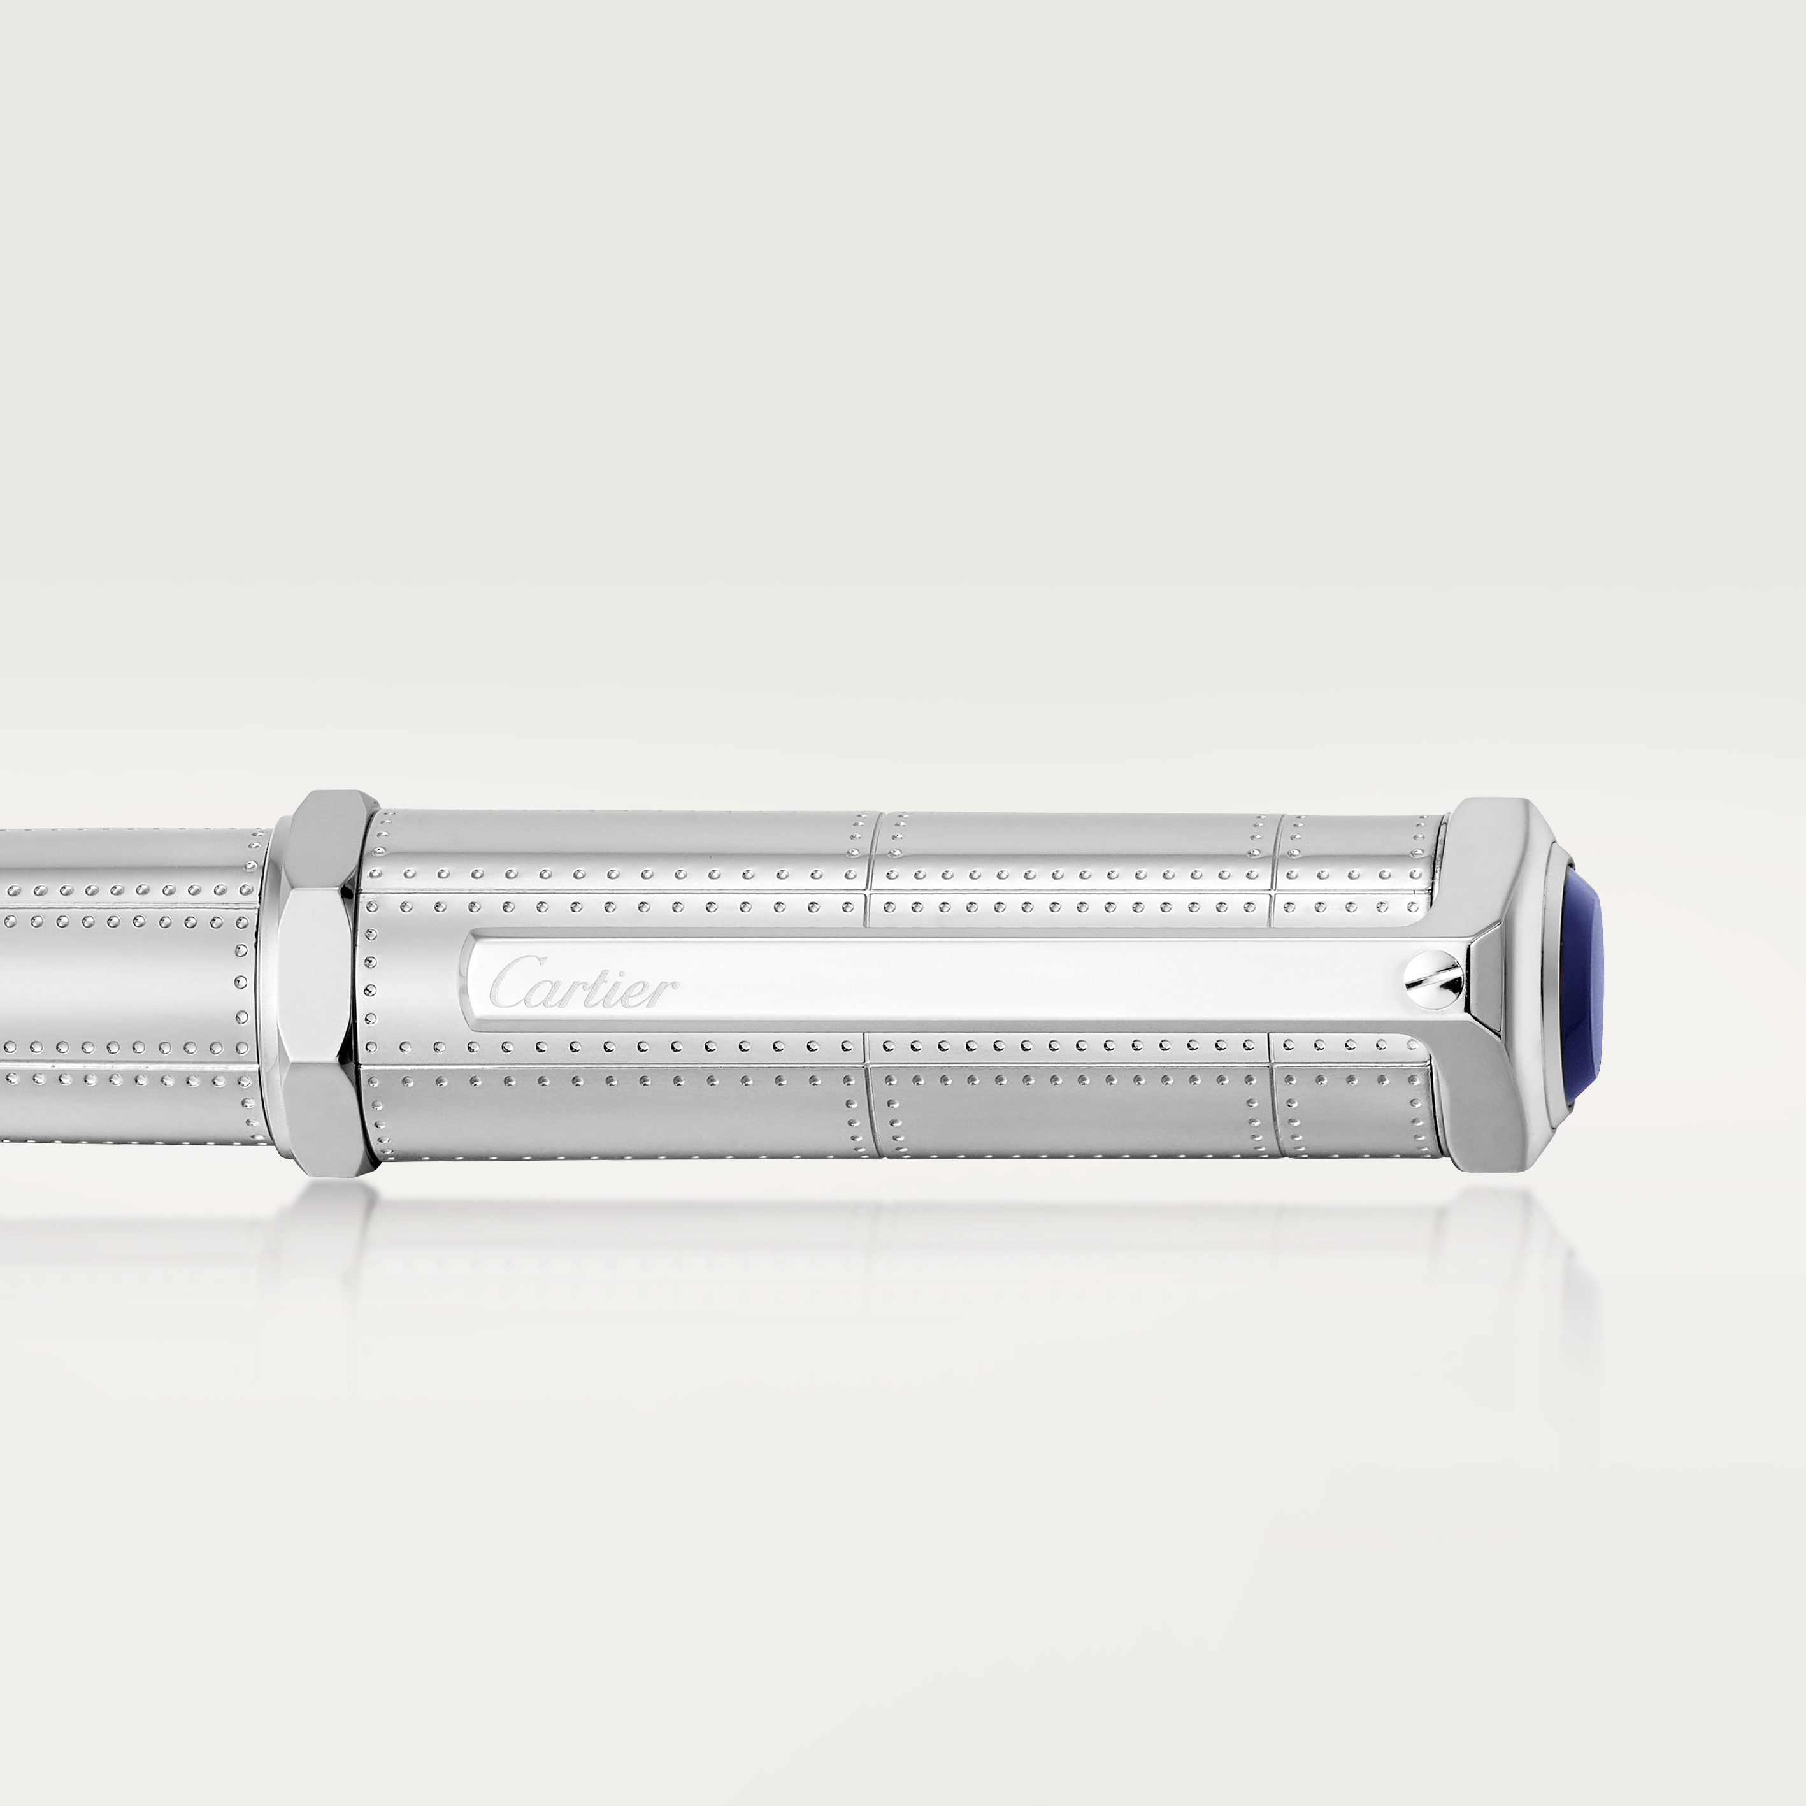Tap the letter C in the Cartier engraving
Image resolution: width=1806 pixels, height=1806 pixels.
[x=510, y=980]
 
